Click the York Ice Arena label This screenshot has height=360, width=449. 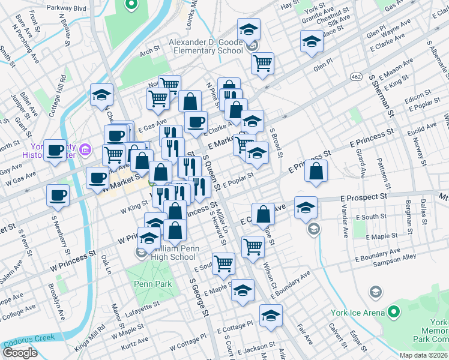358,313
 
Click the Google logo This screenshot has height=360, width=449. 20,352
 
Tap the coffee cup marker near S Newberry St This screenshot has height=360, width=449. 58,194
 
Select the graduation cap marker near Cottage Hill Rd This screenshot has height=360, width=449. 102,94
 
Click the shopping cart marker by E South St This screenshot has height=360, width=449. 224,263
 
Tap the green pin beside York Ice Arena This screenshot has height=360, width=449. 393,312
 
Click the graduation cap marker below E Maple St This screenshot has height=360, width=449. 243,291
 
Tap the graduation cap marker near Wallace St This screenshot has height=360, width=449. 311,41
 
